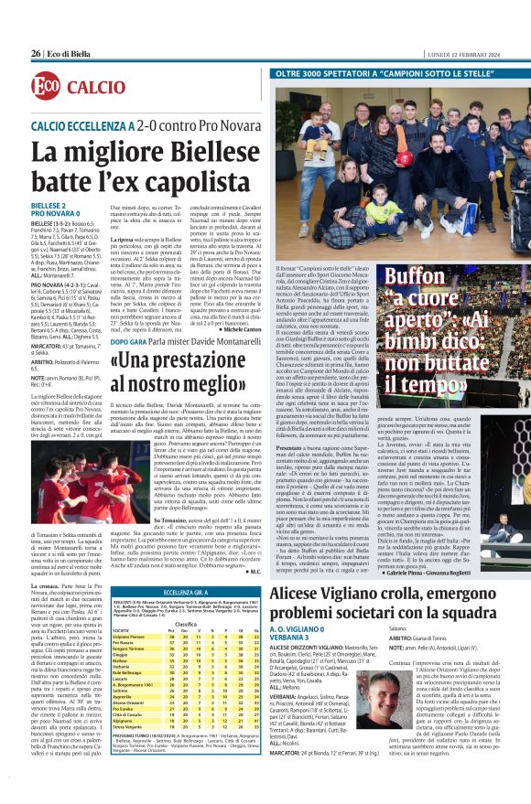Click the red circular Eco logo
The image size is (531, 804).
click(x=45, y=87)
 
